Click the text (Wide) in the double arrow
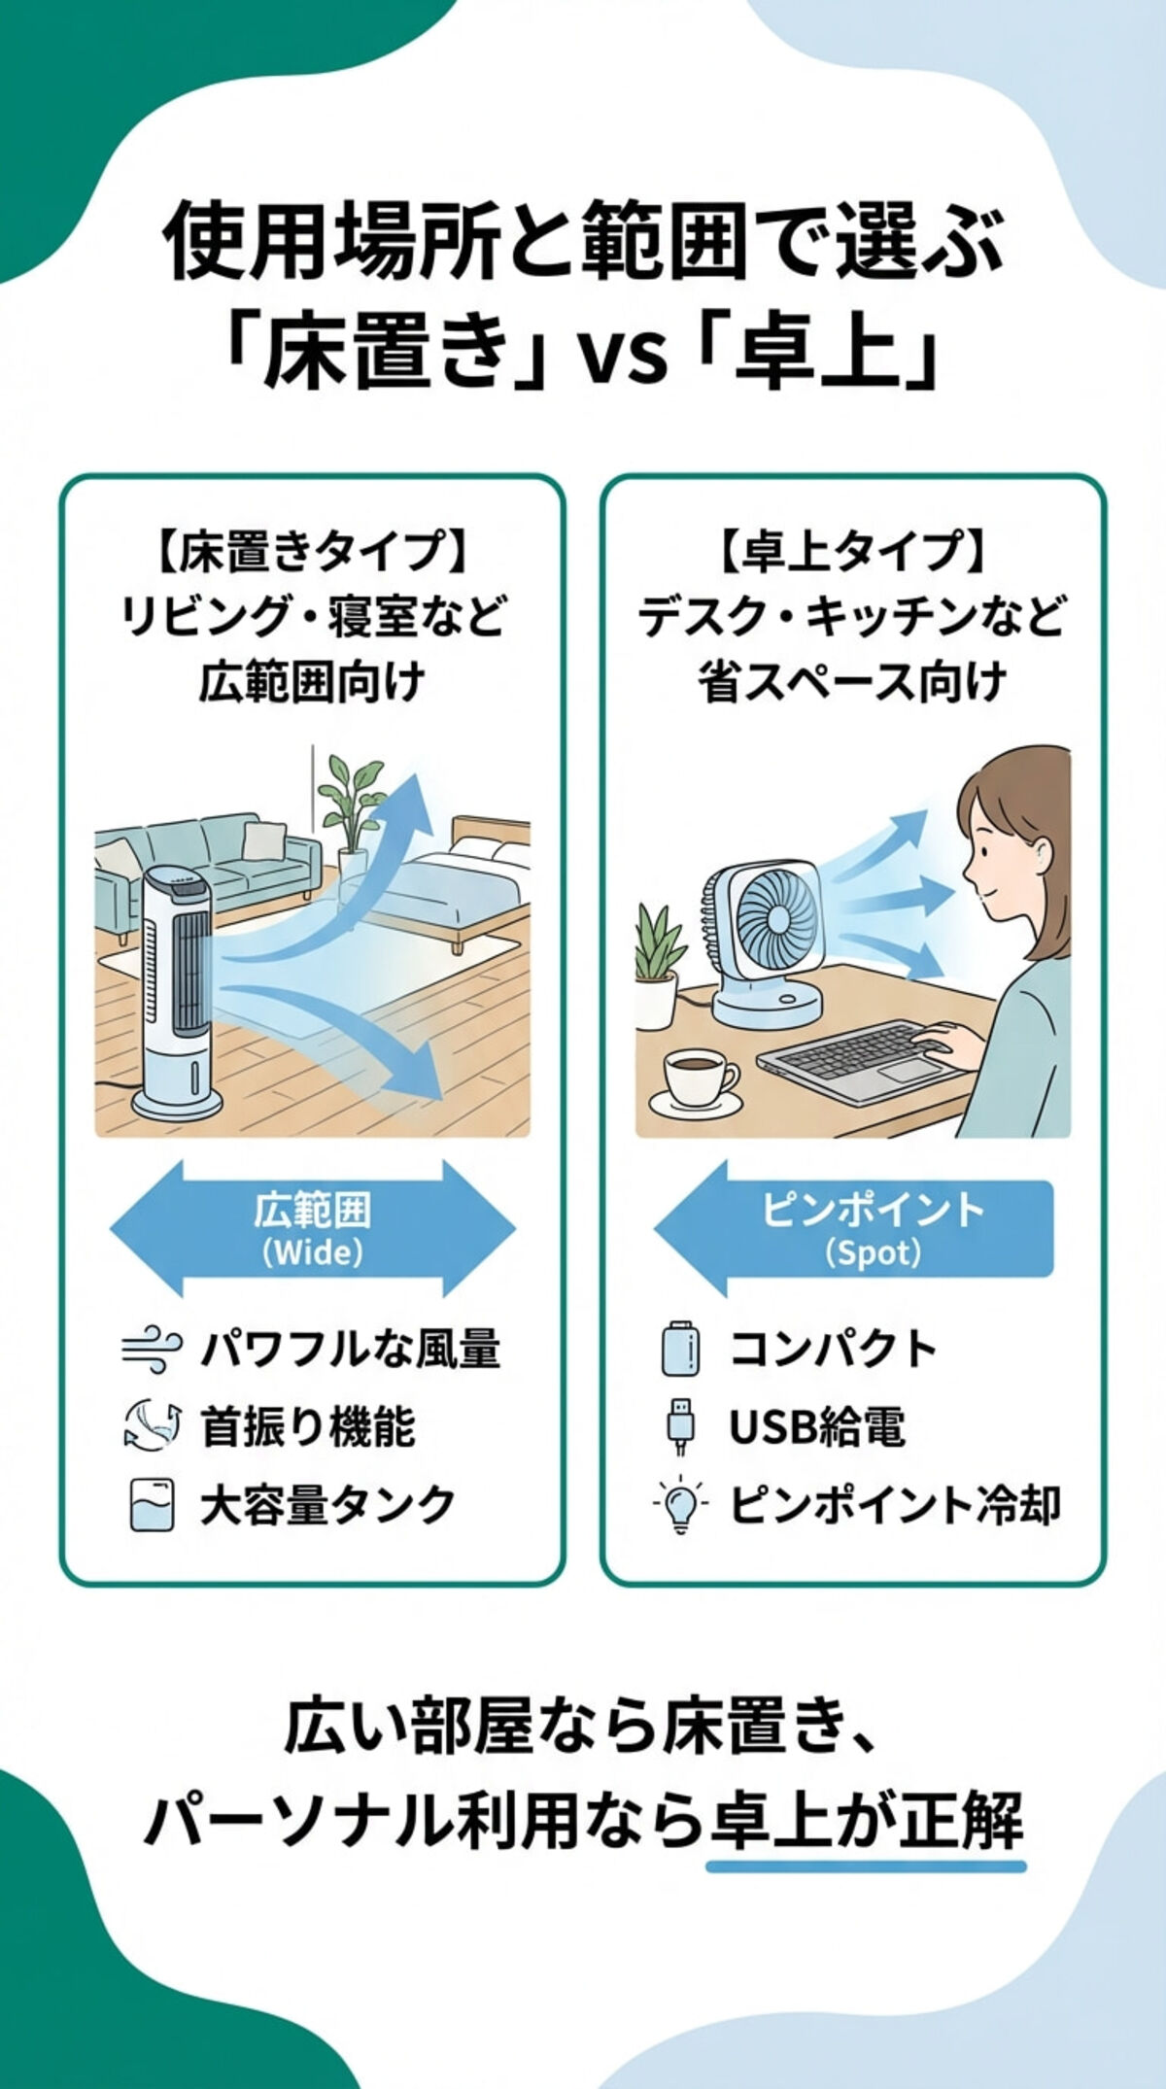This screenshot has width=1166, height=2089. (312, 1252)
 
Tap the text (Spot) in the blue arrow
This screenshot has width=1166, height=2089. (873, 1252)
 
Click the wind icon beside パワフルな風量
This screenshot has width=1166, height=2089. (151, 1351)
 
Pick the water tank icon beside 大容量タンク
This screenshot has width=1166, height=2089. (152, 1506)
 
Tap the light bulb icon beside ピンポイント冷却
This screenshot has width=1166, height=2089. (680, 1506)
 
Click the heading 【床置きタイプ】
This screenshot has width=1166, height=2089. (312, 552)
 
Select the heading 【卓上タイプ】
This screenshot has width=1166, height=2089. (852, 552)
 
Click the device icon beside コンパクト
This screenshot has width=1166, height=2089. (680, 1350)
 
